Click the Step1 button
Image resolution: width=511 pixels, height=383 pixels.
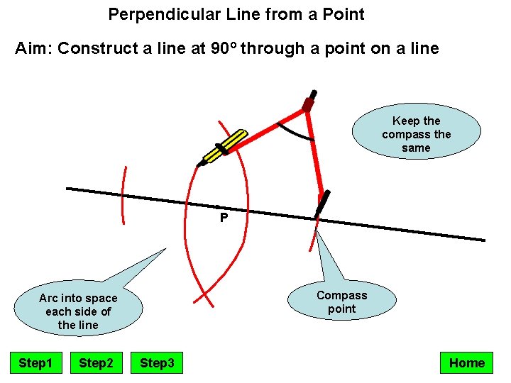tap(35, 363)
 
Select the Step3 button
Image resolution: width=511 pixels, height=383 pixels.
tap(157, 363)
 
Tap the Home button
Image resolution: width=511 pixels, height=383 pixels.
tap(467, 363)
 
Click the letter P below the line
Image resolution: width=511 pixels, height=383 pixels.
tap(224, 218)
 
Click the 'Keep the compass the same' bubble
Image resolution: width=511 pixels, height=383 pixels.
tap(416, 134)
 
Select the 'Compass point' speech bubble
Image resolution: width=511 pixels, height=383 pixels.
tap(341, 301)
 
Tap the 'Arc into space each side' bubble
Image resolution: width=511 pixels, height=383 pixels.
tap(78, 311)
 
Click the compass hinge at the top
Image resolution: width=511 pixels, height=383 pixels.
tap(308, 104)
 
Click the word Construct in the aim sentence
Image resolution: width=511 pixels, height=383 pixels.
tap(94, 49)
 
